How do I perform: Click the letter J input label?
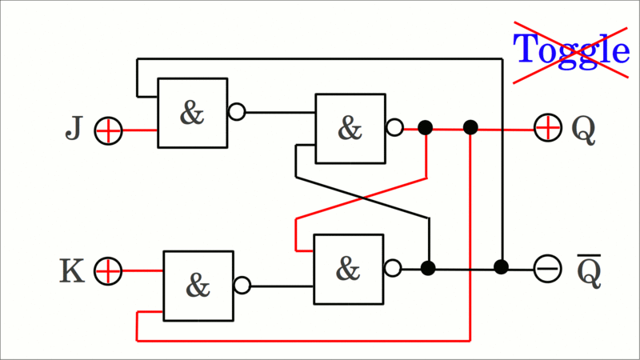[x=74, y=129]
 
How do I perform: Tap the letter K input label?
[x=72, y=272]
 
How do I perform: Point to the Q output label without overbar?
[x=584, y=130]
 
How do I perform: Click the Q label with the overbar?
[x=589, y=272]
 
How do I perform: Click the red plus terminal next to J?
[x=108, y=130]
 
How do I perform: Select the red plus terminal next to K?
[x=108, y=271]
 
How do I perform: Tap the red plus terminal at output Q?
[x=547, y=127]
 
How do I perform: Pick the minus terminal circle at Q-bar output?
[x=547, y=268]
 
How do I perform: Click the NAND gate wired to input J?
[x=192, y=113]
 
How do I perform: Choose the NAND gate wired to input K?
[x=198, y=286]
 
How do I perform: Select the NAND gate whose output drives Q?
[x=350, y=128]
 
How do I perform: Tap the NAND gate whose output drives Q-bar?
[x=348, y=269]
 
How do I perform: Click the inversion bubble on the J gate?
[x=237, y=112]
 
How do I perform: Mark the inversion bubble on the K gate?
[x=242, y=286]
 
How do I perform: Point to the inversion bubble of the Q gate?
[x=394, y=127]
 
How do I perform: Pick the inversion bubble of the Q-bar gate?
[x=393, y=268]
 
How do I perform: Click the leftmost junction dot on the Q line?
[x=426, y=127]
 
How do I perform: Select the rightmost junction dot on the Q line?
[x=470, y=127]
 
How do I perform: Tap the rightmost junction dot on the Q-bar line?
[x=501, y=267]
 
